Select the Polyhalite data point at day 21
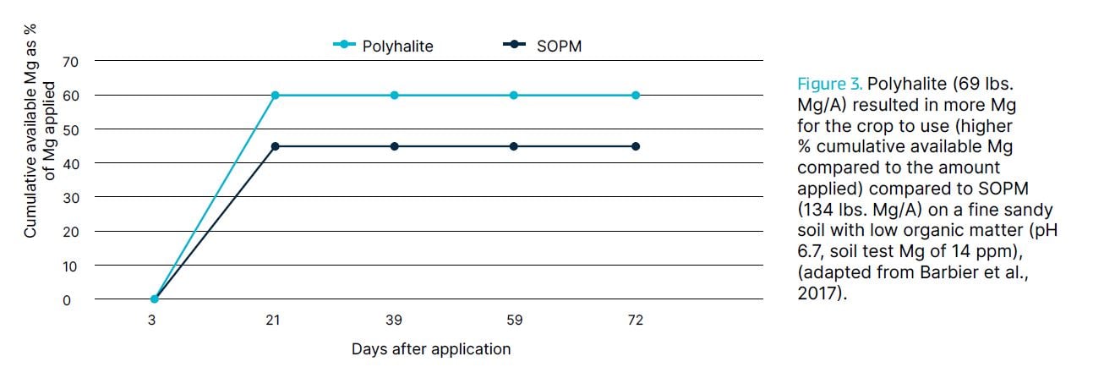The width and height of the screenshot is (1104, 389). [x=274, y=95]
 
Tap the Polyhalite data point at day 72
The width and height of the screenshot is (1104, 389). [x=636, y=95]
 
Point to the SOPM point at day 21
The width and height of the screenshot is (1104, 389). [x=274, y=146]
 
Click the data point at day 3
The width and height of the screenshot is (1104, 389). [x=154, y=299]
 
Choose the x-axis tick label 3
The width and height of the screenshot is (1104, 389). [x=154, y=321]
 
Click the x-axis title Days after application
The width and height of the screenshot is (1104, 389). [x=431, y=349]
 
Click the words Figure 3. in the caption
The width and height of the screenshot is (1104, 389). [x=829, y=85]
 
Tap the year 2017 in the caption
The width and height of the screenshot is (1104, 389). [x=815, y=294]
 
